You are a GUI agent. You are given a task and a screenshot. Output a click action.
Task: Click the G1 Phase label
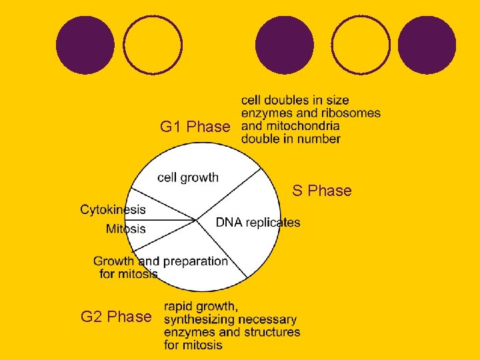(195, 127)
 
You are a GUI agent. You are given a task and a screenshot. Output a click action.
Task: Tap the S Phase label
(321, 191)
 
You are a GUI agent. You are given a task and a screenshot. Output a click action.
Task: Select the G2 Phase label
(116, 317)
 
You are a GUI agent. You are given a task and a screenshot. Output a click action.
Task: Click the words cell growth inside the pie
(187, 177)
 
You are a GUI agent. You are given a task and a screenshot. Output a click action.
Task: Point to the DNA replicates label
(257, 223)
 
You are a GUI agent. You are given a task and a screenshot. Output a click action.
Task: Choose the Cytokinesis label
(113, 209)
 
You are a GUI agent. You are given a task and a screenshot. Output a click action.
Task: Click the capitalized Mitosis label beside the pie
(125, 229)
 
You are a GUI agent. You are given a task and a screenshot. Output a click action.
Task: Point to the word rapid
(179, 307)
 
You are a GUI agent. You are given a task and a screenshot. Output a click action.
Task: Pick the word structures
(269, 332)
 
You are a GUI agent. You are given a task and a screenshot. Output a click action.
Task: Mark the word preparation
(195, 261)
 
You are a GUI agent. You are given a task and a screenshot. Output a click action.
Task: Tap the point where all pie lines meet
(195, 219)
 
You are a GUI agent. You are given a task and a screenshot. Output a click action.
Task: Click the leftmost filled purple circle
(85, 45)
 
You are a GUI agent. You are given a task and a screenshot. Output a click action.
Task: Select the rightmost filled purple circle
(427, 45)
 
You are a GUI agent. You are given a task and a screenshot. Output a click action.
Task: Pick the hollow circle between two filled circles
(361, 45)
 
